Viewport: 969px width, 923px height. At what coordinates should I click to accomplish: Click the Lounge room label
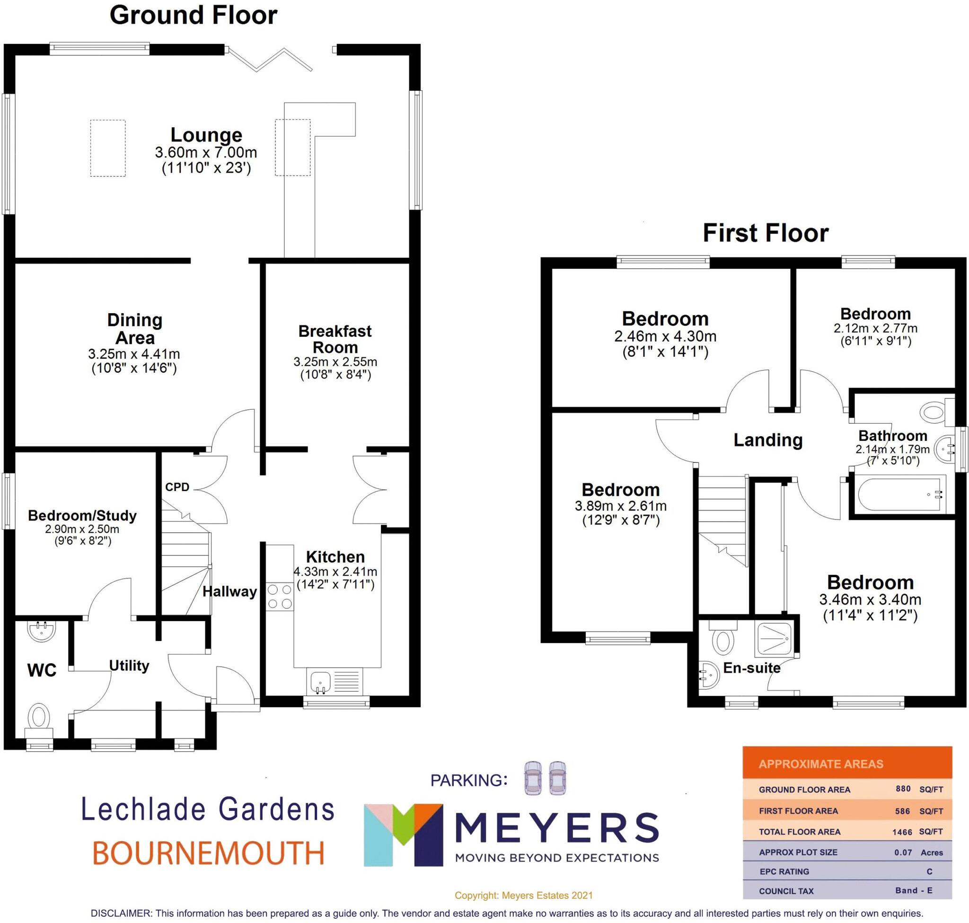pos(206,135)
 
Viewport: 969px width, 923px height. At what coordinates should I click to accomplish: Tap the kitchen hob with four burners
pos(279,596)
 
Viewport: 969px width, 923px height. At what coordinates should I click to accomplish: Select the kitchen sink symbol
pos(320,681)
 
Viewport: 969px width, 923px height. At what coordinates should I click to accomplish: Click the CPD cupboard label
pos(177,487)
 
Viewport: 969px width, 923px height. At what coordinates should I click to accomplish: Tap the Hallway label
pos(229,591)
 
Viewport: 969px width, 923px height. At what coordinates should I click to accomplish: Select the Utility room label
pos(129,666)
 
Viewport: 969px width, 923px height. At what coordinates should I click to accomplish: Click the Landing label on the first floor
pos(768,440)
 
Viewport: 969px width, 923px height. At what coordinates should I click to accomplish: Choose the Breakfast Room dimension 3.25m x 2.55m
pos(335,362)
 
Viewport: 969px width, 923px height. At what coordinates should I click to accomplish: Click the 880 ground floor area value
pos(903,789)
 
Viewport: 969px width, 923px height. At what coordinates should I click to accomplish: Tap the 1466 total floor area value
pos(902,832)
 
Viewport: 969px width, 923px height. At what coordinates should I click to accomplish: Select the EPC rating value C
pos(929,871)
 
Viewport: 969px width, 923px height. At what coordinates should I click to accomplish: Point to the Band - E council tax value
pos(913,890)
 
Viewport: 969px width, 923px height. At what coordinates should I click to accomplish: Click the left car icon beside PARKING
pos(532,778)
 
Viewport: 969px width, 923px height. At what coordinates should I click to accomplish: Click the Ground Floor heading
pos(194,15)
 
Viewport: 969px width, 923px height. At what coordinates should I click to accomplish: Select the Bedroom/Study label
pos(82,516)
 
